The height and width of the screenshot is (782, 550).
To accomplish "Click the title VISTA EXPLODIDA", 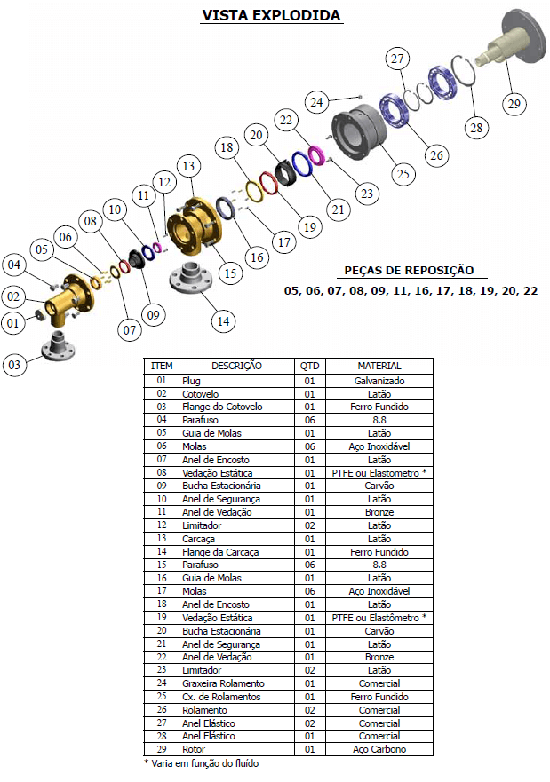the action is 272,15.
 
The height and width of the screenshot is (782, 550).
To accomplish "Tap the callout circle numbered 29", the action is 514,104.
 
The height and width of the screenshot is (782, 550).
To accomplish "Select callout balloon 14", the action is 223,321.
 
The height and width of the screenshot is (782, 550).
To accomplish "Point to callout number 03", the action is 14,365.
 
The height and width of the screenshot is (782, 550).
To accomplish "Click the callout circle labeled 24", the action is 317,102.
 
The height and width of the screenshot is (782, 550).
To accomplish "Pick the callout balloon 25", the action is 403,174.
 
